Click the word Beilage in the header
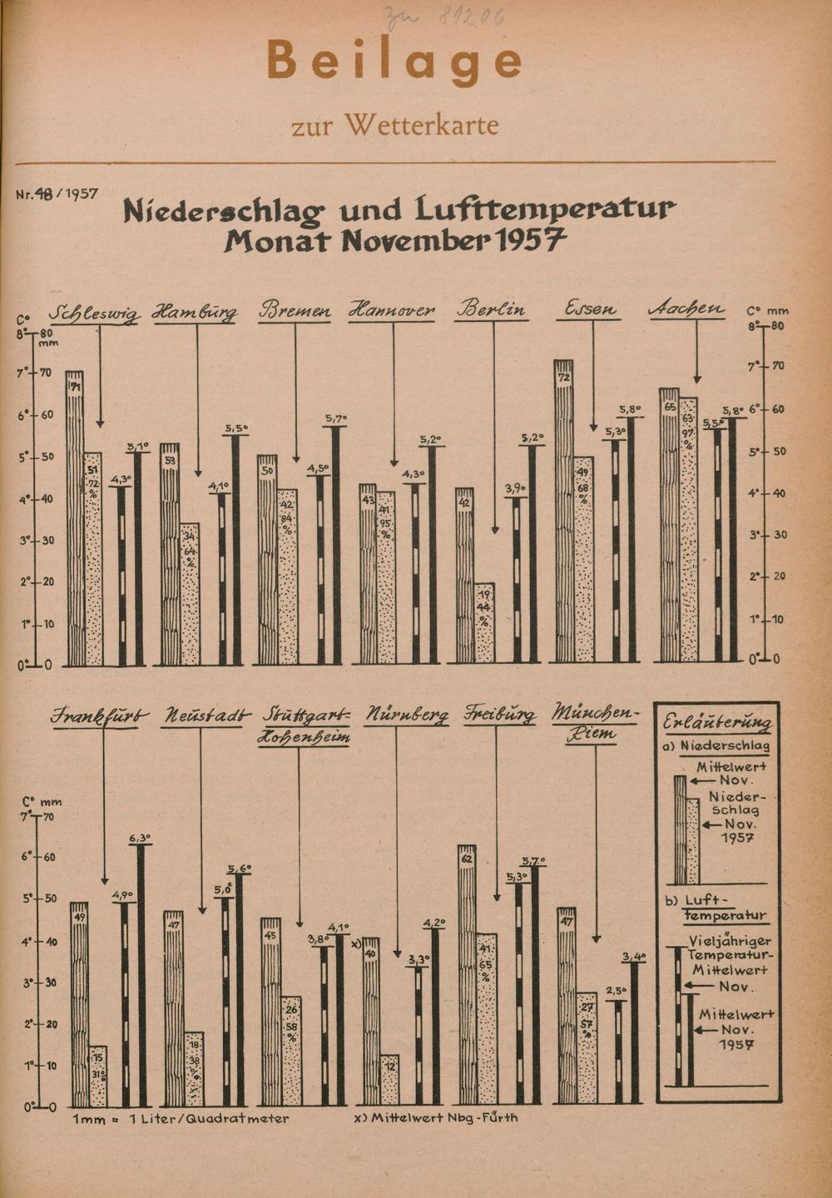pyautogui.click(x=394, y=61)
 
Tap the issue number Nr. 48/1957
pyautogui.click(x=57, y=194)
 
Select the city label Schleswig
pyautogui.click(x=95, y=314)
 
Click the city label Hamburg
pyautogui.click(x=195, y=314)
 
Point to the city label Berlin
pyautogui.click(x=491, y=309)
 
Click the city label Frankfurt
pyautogui.click(x=100, y=715)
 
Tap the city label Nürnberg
pyautogui.click(x=407, y=715)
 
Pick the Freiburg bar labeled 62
pyautogui.click(x=467, y=973)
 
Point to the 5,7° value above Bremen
pyautogui.click(x=336, y=418)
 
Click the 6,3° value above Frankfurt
pyautogui.click(x=140, y=838)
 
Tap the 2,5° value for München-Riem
pyautogui.click(x=616, y=991)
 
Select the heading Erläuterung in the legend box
pyautogui.click(x=717, y=722)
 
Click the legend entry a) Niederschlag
pyautogui.click(x=716, y=746)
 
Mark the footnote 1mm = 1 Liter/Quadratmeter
pyautogui.click(x=181, y=1119)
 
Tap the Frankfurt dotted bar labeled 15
pyautogui.click(x=98, y=1075)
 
